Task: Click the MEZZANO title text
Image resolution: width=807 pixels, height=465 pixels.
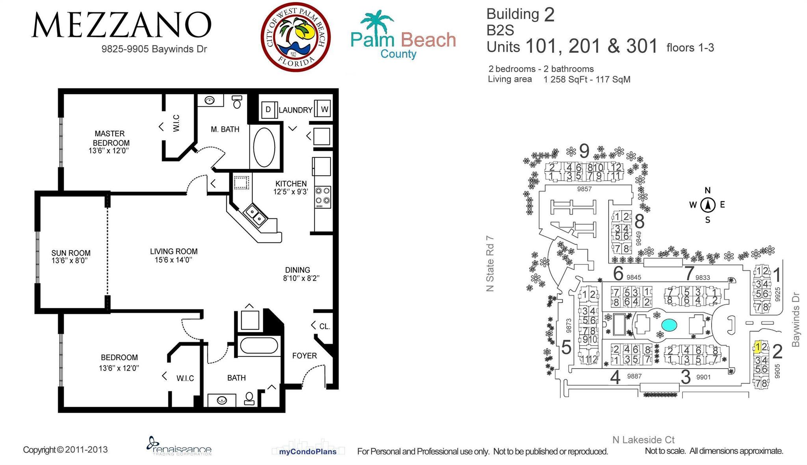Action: [121, 25]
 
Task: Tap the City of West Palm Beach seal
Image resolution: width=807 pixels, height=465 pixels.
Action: [296, 37]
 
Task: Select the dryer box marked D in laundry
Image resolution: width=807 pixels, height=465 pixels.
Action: [268, 109]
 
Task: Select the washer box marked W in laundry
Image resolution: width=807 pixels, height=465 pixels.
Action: [324, 109]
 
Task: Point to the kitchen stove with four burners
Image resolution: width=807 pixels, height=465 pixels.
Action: [322, 197]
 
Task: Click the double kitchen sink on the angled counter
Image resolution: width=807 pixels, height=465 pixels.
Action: [255, 215]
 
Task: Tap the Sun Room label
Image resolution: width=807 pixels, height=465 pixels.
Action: [71, 253]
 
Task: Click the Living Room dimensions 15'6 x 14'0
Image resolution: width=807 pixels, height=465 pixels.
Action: [173, 260]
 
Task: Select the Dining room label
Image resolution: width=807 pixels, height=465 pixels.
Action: [298, 270]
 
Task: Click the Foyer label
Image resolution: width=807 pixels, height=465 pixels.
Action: [304, 356]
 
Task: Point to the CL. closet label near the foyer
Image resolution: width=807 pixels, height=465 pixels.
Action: [324, 326]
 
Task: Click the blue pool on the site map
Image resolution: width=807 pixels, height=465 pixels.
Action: [669, 325]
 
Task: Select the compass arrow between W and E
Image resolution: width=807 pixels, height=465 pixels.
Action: [708, 205]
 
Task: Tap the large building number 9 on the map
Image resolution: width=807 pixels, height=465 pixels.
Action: [584, 150]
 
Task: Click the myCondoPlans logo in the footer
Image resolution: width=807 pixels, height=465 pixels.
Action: [308, 451]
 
